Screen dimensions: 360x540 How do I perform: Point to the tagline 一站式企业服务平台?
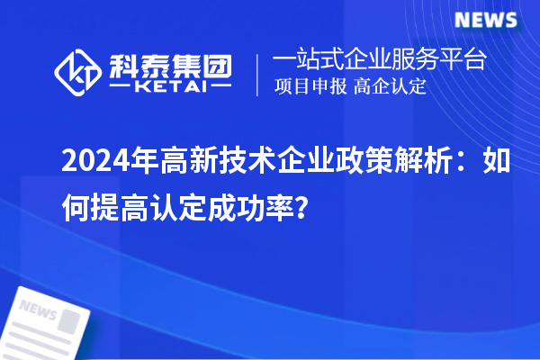coord(380,61)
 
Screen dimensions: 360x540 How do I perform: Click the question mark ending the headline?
coord(308,210)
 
